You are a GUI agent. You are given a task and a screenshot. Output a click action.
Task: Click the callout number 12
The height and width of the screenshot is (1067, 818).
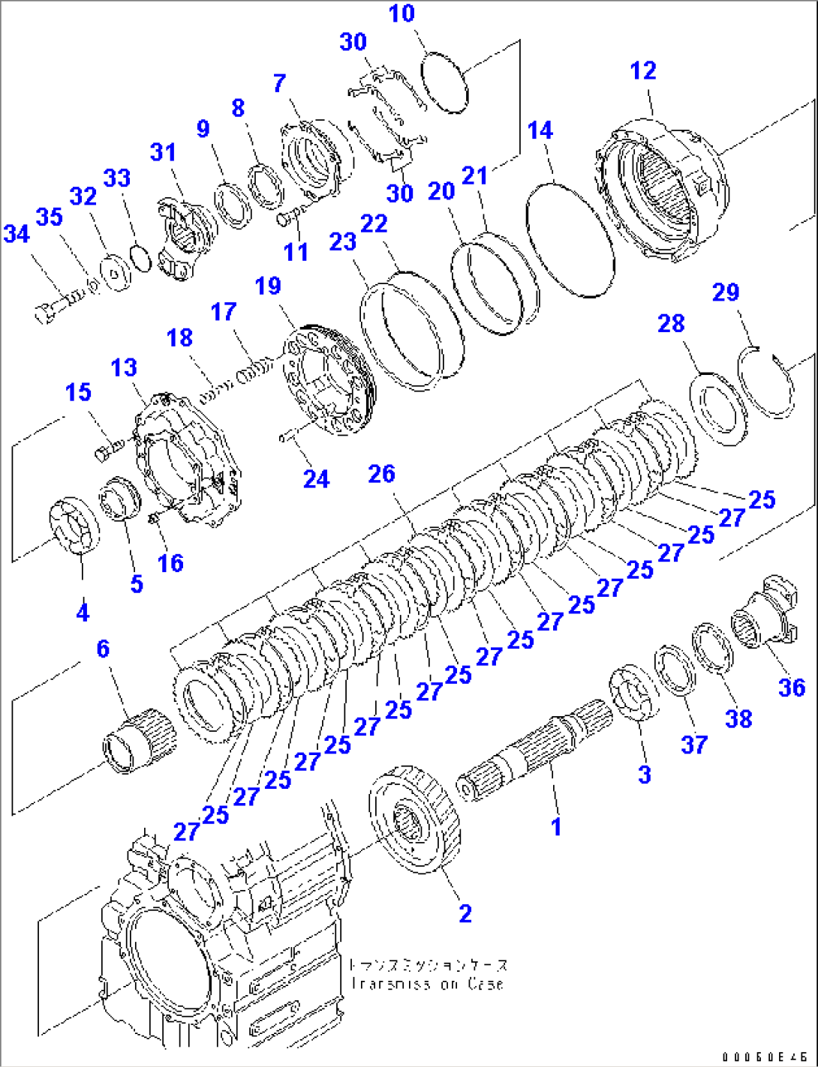pos(643,70)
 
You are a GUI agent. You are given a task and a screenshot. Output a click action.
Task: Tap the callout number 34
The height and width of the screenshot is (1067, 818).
pos(17,234)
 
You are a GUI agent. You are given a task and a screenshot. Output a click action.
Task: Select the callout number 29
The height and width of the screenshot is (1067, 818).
pos(725,292)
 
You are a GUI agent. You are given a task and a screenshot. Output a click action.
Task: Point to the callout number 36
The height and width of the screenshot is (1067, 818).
pos(792,688)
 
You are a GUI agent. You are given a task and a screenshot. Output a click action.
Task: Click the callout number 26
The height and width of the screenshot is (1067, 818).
pos(381,474)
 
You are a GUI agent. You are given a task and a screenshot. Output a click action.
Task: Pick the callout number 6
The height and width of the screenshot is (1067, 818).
pos(103,649)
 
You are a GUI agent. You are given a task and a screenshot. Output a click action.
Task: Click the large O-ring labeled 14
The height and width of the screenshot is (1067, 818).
pos(570,239)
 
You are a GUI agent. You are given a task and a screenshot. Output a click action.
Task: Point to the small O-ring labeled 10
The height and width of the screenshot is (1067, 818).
pos(444,82)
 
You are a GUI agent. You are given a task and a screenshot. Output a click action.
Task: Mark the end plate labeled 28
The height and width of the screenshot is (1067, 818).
pos(717,409)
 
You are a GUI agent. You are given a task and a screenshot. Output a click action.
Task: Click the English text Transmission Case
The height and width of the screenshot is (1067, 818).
pos(426,985)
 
